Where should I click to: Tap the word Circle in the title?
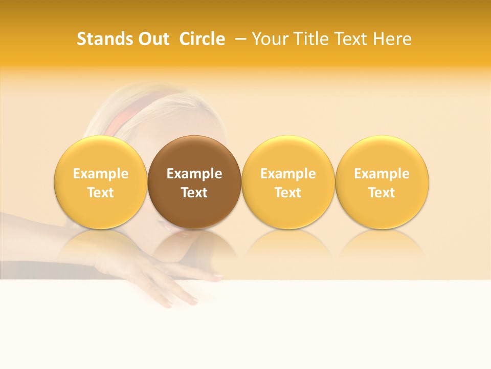[x=202, y=39]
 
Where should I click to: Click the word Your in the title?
[x=269, y=39]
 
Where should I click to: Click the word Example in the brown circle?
[x=194, y=174]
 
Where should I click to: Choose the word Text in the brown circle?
[x=194, y=193]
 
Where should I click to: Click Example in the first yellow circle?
[x=101, y=174]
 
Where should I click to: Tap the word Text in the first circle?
[x=101, y=193]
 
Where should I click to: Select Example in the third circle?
[x=288, y=174]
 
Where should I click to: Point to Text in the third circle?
[x=288, y=193]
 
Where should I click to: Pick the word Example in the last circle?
[x=382, y=174]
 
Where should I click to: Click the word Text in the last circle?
[x=382, y=193]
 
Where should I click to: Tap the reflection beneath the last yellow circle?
[x=382, y=243]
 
